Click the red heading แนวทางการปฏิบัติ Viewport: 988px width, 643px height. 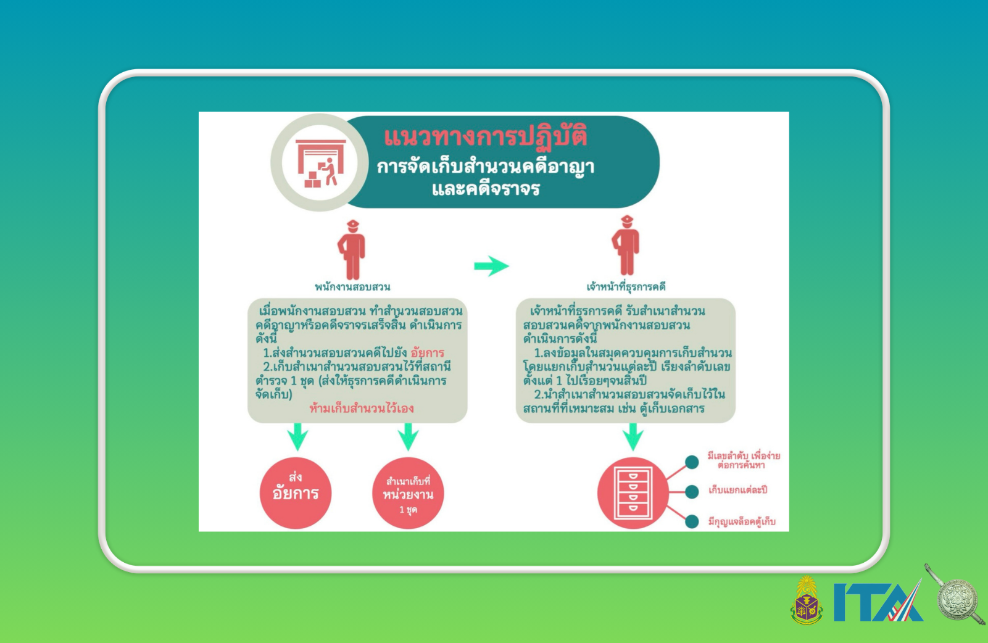tap(486, 136)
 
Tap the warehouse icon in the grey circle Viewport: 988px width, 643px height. tap(321, 163)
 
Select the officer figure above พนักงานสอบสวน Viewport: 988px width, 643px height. tap(352, 250)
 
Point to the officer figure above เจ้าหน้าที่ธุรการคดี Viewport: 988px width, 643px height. tap(626, 245)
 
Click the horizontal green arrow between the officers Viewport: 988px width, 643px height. tap(491, 266)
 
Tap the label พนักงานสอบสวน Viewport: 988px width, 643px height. tap(352, 287)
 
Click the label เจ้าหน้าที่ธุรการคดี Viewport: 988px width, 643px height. tap(626, 287)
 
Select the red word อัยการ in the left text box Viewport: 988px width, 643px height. tap(428, 353)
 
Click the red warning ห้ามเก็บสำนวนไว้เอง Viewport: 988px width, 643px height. tap(362, 409)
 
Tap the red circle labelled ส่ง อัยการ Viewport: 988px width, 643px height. tap(296, 493)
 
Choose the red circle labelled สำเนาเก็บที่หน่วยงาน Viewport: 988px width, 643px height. tap(408, 493)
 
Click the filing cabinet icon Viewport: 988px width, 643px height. tap(633, 493)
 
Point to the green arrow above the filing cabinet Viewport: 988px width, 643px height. tap(633, 437)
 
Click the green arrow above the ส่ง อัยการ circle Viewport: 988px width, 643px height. tap(297, 437)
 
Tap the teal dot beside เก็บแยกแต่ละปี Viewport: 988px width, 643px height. tap(692, 491)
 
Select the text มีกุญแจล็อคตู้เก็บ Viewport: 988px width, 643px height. tap(742, 522)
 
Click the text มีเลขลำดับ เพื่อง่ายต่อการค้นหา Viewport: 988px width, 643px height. tap(744, 460)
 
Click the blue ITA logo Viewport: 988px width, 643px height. tap(878, 602)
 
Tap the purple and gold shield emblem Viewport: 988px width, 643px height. tap(807, 600)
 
